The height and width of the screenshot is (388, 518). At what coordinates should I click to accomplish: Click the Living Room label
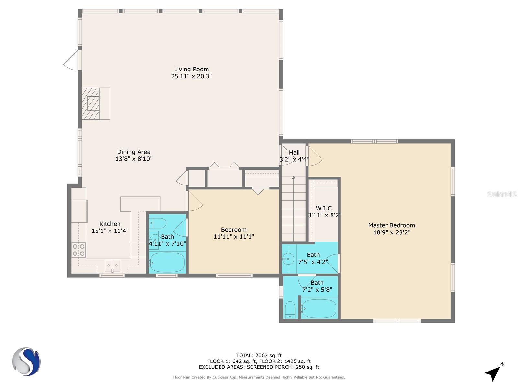pos(191,69)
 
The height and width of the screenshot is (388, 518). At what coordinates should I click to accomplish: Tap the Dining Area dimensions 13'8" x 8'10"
pos(134,159)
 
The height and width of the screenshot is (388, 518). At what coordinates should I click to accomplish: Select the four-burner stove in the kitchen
pos(79,250)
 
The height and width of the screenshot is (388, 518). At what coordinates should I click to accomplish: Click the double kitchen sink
pos(112,265)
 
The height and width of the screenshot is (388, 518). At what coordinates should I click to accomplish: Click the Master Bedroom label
pos(392,225)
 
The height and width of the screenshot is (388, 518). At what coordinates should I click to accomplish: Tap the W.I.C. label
pos(324,208)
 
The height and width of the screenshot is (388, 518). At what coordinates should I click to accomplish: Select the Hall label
pos(294,152)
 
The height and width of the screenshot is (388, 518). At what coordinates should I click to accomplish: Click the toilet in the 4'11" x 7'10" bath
pos(158,223)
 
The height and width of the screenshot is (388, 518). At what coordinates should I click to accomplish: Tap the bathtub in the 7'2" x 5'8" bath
pos(319,308)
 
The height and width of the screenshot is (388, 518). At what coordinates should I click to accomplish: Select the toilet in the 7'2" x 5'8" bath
pos(290,310)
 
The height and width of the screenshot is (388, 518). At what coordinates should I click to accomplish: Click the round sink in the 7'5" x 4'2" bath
pos(288,259)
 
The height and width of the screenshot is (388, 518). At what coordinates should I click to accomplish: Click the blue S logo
pos(27,361)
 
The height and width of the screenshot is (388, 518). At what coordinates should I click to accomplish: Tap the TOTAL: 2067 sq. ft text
pos(259,355)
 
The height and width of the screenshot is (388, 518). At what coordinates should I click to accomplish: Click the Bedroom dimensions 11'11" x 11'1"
pos(234,237)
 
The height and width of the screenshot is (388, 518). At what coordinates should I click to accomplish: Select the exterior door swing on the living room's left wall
pos(71,60)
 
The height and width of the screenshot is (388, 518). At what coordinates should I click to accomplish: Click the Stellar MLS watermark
pos(502,194)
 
